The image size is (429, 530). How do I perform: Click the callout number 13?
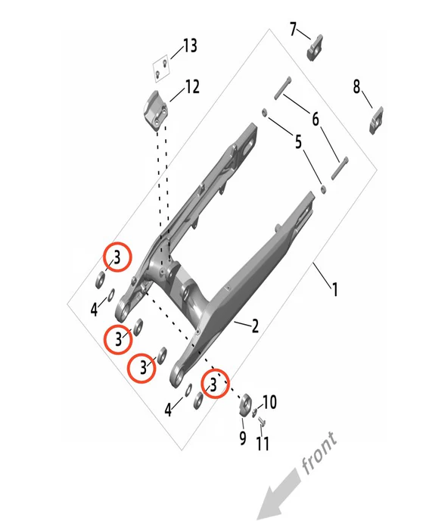190,45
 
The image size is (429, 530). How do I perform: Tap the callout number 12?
192,87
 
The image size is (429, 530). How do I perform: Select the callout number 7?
293,29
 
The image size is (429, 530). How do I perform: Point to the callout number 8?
356,86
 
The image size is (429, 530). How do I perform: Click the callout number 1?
334,290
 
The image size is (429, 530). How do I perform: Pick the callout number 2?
255,326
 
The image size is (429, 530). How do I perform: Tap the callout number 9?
243,438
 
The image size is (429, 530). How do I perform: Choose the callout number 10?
269,402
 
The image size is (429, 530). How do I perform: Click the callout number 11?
263,444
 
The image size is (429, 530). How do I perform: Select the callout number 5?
298,142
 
